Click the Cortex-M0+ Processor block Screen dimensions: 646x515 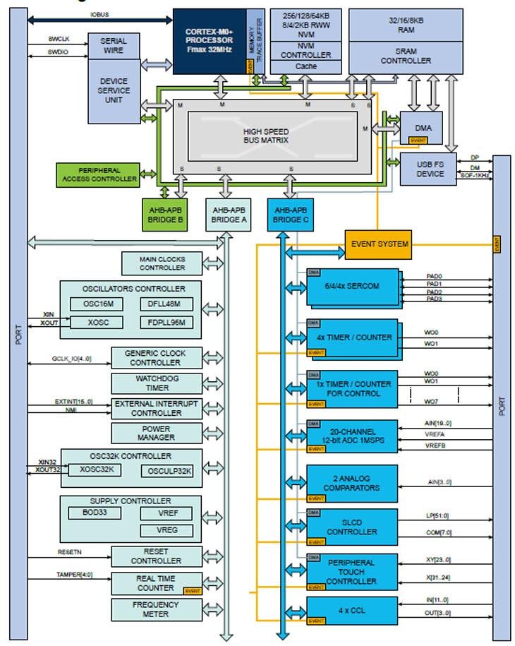pyautogui.click(x=209, y=41)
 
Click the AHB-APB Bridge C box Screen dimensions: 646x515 pyautogui.click(x=291, y=215)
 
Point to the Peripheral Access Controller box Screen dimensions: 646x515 pyautogui.click(x=99, y=174)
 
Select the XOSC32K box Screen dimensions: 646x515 pyautogui.click(x=97, y=470)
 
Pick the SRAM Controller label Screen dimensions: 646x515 pyautogui.click(x=406, y=56)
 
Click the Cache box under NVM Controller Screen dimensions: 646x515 pyautogui.click(x=306, y=66)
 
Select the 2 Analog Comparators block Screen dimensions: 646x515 pyautogui.click(x=351, y=483)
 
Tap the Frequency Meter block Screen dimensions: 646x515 pyautogui.click(x=156, y=609)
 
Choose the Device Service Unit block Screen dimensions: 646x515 pyautogui.click(x=114, y=90)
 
